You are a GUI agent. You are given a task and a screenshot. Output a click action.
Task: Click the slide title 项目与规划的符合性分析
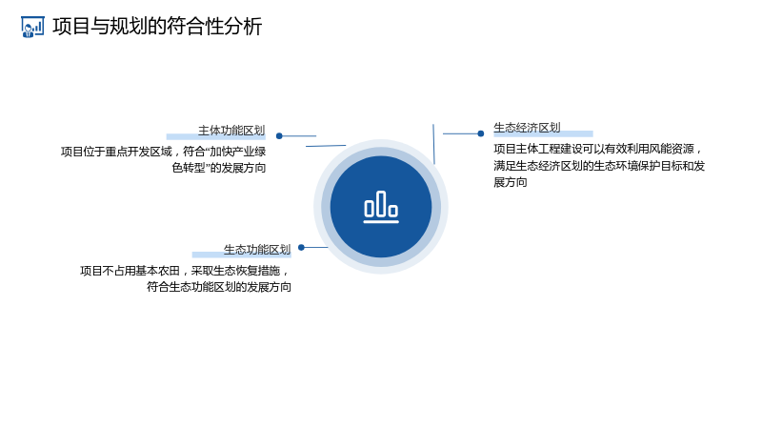pos(157,27)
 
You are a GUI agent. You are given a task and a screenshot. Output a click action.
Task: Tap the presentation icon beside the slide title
pos(32,27)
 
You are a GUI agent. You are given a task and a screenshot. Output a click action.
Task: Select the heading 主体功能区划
pos(231,131)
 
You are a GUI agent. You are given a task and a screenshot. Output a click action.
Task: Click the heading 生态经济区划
pos(528,128)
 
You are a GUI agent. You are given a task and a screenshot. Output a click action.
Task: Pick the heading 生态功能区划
pos(257,250)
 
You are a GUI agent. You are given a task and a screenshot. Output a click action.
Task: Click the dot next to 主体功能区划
pos(279,136)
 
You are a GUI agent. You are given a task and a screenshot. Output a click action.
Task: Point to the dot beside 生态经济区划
pos(481,133)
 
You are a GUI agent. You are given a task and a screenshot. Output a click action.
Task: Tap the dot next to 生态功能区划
pos(301,248)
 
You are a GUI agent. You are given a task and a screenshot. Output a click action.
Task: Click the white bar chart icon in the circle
pos(381,207)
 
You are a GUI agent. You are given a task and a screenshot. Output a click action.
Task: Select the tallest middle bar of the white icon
pos(382,203)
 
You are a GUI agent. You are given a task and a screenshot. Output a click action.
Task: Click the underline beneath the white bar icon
pos(381,222)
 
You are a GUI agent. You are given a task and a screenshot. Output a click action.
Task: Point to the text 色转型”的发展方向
pos(219,168)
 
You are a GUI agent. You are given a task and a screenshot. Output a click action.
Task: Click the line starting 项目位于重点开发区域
pos(163,152)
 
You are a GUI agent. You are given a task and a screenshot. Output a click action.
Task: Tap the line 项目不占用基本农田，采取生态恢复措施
pos(185,271)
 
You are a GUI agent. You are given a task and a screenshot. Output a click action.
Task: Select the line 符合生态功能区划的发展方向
pos(219,287)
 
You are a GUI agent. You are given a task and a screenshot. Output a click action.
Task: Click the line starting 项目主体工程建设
pos(598,149)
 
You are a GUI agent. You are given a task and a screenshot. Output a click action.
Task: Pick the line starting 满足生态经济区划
pos(599,166)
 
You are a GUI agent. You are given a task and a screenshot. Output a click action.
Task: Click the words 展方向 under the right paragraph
pos(511,182)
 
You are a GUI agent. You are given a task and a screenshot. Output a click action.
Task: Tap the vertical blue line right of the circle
pos(433,144)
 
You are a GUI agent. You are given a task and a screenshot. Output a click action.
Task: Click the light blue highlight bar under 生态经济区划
pos(543,133)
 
